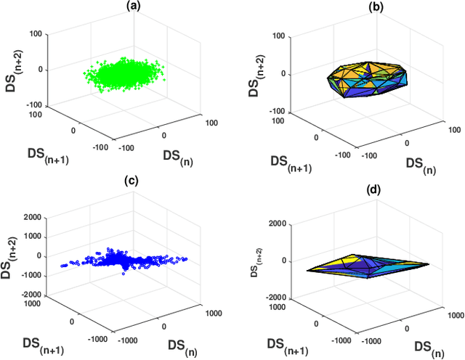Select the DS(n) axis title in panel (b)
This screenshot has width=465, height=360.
[x=420, y=165]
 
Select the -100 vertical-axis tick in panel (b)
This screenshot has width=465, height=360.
[x=280, y=112]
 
